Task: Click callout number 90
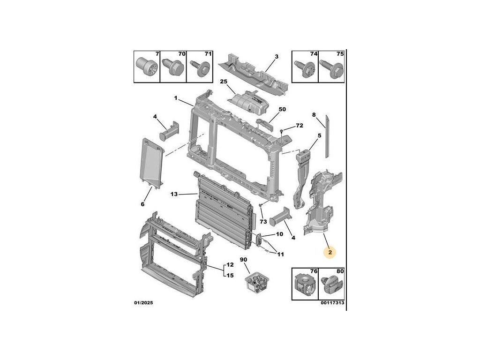coord(243,260)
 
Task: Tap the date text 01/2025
coord(143,303)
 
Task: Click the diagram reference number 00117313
coord(333,303)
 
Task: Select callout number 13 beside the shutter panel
coord(174,194)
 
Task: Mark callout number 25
coord(224,82)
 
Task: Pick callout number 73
coord(262,221)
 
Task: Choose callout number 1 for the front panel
coord(176,98)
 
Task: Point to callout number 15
coord(230,275)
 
